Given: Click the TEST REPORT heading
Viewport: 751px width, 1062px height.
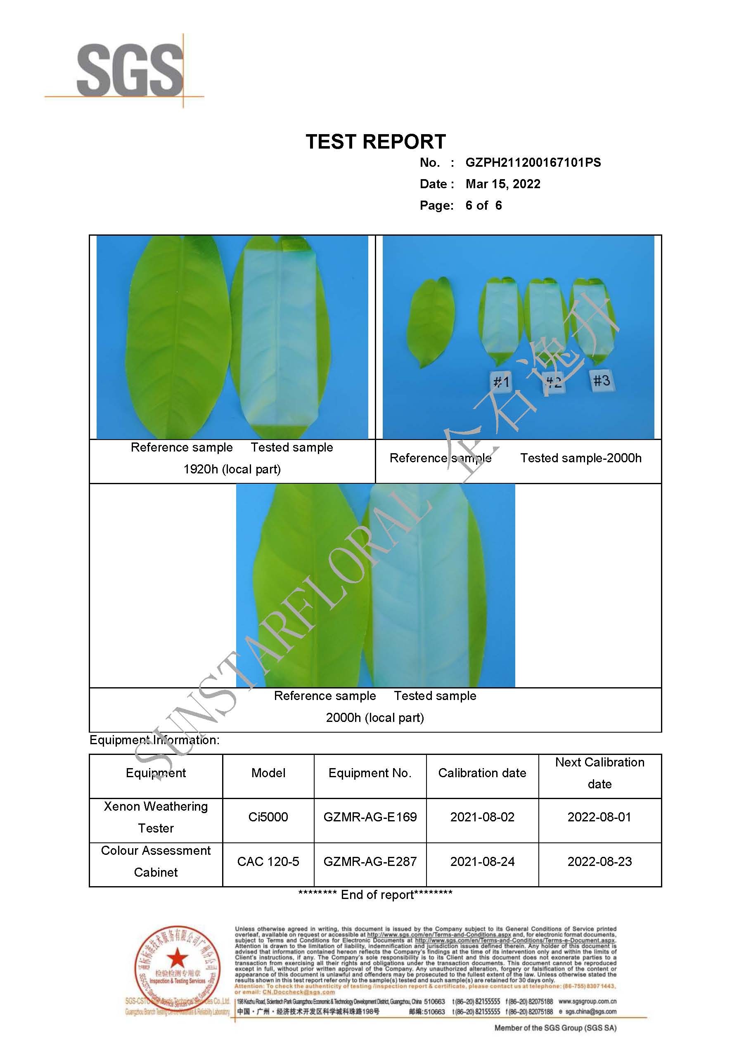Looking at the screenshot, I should pos(375,142).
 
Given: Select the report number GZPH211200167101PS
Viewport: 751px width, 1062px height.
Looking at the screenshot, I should pos(533,162).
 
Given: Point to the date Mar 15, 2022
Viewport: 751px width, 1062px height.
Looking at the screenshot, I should pos(502,184).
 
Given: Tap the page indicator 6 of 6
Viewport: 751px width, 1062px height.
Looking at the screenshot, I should pos(483,206).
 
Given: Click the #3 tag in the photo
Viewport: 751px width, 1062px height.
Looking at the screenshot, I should pos(602,381).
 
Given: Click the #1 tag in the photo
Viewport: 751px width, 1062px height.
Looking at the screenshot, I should pos(501,382).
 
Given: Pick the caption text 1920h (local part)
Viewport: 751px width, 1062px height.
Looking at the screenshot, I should pos(232,469).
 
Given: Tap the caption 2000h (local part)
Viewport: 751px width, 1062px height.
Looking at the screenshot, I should pos(375,717).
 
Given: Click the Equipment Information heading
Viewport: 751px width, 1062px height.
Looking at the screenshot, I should pos(154,740).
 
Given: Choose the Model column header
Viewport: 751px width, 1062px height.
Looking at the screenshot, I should pos(268,773).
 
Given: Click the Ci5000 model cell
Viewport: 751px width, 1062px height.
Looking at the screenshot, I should pos(268,817).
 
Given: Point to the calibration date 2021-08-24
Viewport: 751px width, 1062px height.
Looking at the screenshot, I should pos(482,861).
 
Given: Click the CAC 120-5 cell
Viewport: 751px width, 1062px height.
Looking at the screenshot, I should pos(268,861).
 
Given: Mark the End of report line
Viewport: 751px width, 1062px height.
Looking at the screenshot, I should pos(375,894).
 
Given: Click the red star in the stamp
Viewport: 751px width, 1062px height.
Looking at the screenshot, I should pos(177,957).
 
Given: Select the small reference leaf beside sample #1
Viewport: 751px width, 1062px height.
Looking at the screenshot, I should pos(430,323).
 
